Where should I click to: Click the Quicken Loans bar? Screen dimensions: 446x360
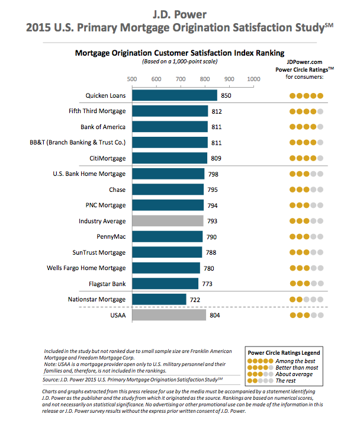point(175,95)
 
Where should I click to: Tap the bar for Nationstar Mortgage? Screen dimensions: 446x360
point(159,299)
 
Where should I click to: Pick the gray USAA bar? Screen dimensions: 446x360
point(169,316)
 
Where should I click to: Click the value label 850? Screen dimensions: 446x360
point(226,95)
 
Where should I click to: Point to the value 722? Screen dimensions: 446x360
point(195,299)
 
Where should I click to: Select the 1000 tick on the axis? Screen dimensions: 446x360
point(253,79)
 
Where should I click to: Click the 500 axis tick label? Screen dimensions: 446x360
point(132,79)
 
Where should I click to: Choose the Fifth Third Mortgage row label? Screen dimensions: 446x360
point(97,111)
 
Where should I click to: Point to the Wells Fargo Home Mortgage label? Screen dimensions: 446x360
point(86,268)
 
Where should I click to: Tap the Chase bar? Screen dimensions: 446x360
point(168,190)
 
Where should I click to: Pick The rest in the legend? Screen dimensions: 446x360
point(286,381)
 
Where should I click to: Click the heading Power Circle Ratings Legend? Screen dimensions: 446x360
point(286,351)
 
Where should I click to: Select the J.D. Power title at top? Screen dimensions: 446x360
point(180,12)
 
